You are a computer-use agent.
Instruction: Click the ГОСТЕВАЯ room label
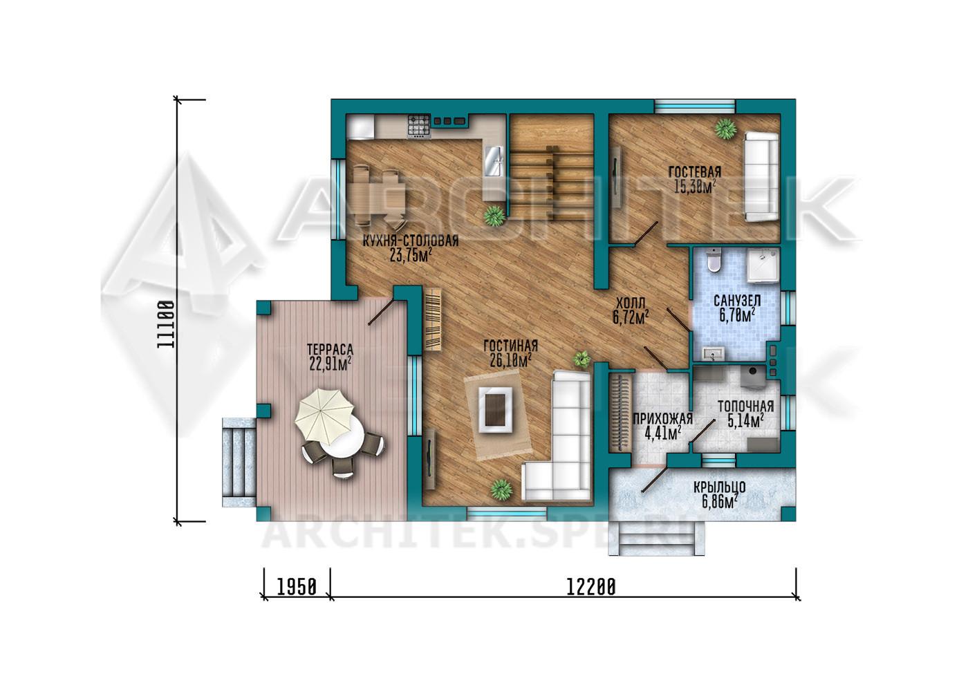(695, 172)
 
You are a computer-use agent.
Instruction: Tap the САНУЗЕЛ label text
(737, 301)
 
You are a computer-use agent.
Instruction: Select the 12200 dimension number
(590, 587)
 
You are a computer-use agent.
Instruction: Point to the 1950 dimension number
(297, 587)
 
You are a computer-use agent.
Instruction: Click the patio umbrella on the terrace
(324, 416)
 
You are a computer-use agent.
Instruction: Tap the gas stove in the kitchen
(419, 126)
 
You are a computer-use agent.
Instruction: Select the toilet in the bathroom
(714, 260)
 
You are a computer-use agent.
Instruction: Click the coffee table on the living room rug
(496, 409)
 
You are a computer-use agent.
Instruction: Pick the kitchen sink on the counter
(494, 162)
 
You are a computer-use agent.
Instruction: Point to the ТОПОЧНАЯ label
(745, 406)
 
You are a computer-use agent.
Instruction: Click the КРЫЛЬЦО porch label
(720, 487)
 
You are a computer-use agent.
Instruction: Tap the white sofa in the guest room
(761, 177)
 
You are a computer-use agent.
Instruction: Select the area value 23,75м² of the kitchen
(411, 255)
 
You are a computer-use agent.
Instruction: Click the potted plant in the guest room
(725, 129)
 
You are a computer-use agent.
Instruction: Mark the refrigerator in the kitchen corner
(360, 127)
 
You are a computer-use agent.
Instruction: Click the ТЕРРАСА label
(330, 349)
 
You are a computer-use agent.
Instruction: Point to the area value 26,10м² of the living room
(511, 360)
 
